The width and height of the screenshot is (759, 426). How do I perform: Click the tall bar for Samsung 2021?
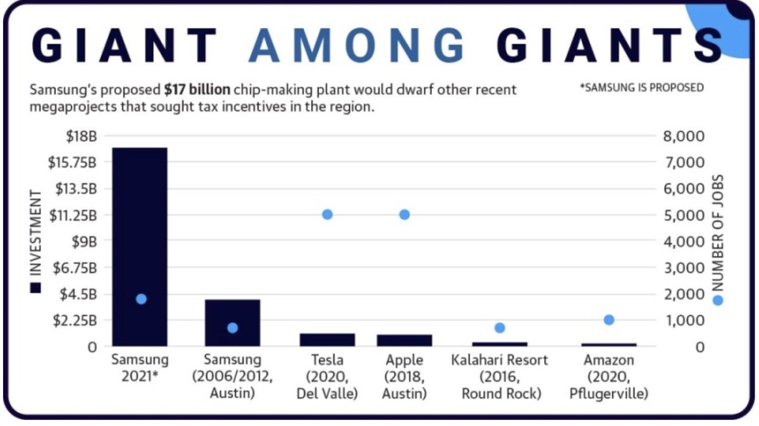pos(140,246)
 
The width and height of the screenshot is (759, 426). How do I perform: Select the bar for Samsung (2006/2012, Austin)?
pos(232,322)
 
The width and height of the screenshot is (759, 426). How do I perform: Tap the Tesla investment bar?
pos(327,339)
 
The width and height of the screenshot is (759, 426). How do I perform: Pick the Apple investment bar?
pos(404,340)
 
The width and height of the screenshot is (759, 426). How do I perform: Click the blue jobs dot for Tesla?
pos(327,214)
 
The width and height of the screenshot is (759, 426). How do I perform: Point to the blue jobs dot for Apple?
pos(404,214)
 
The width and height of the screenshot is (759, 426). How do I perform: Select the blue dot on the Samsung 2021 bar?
pos(141,299)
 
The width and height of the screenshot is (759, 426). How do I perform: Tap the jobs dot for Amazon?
pos(608,320)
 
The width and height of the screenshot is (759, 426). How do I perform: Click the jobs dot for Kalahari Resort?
pos(500,327)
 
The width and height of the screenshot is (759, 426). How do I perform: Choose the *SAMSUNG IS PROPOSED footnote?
pos(641,87)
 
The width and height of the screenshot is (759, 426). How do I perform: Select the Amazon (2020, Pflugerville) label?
pos(608,376)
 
